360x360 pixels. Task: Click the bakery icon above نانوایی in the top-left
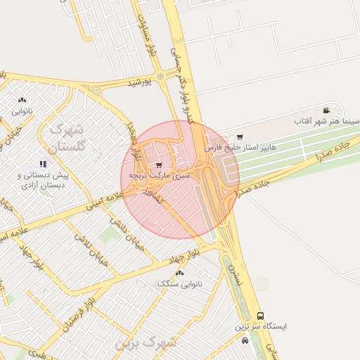pyautogui.click(x=22, y=101)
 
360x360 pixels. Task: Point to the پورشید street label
pyautogui.click(x=140, y=82)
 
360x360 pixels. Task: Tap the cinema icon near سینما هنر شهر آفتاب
pyautogui.click(x=326, y=110)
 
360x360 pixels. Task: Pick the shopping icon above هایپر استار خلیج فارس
pyautogui.click(x=240, y=137)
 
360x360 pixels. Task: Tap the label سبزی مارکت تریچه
pyautogui.click(x=160, y=174)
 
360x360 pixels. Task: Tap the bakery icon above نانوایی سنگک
pyautogui.click(x=180, y=273)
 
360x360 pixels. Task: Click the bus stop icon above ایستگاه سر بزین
pyautogui.click(x=261, y=316)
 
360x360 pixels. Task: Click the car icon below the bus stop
pyautogui.click(x=245, y=340)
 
